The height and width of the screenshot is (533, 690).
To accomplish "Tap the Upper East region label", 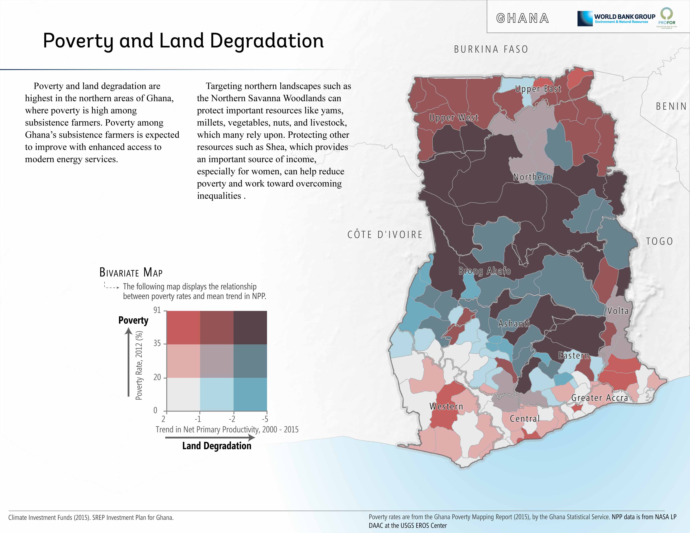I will (x=538, y=89).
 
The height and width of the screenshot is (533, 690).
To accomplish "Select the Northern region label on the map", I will (x=532, y=177).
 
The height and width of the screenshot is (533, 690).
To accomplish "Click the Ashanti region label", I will (x=514, y=324).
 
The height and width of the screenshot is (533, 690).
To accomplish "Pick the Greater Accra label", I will (x=599, y=398).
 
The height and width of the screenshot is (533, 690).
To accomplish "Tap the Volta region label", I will (x=618, y=311).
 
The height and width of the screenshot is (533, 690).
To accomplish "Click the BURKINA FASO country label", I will (x=491, y=49).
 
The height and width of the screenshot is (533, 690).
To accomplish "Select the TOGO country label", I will (x=659, y=242).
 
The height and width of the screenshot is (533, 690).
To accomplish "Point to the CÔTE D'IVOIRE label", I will (x=385, y=235).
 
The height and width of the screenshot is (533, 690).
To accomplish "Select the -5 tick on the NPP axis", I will (x=265, y=419).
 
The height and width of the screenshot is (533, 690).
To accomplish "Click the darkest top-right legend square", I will (x=250, y=328).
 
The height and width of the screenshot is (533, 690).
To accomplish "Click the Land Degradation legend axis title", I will (x=217, y=446).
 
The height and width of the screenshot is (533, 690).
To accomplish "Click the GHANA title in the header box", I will (x=523, y=18).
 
